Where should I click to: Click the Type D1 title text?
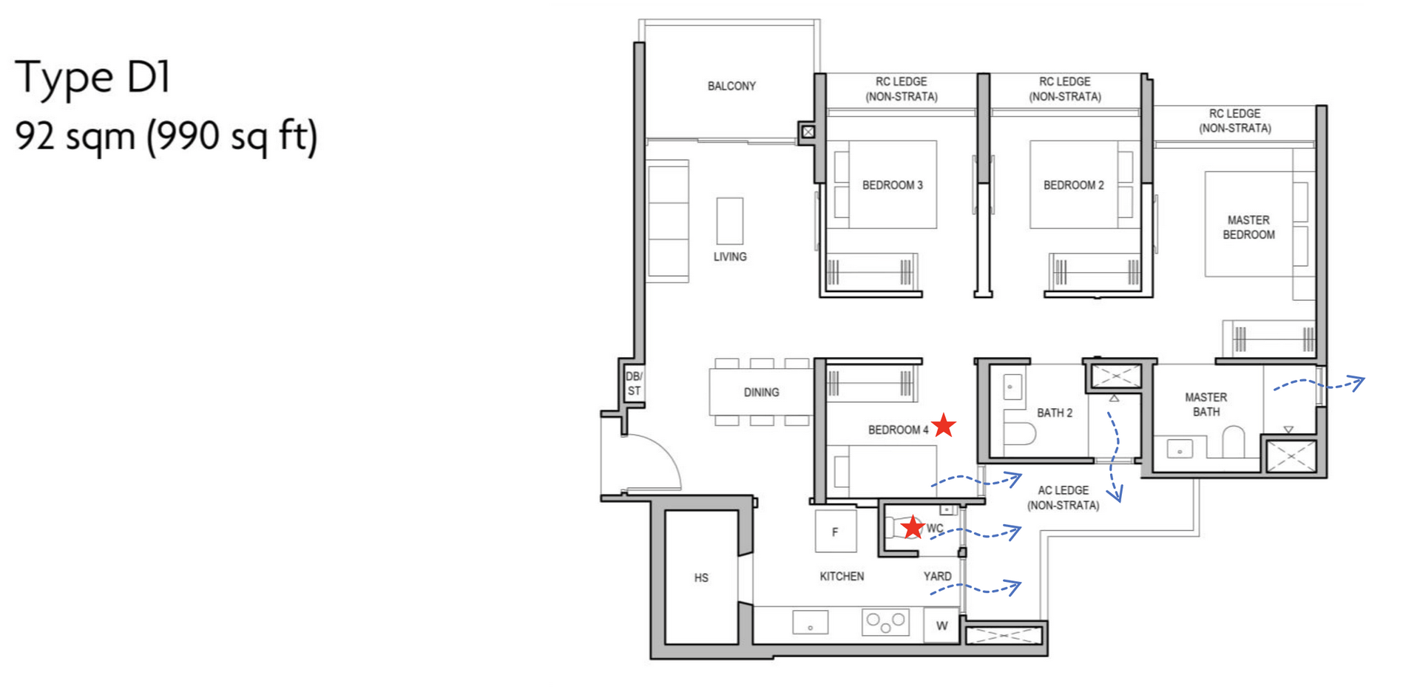pos(93,77)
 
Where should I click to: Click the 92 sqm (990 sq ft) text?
pos(166,136)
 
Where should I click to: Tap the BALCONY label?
pos(731,87)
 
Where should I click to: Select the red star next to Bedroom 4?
pos(944,426)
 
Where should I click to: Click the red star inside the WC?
pos(913,527)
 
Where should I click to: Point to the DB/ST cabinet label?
pos(634,384)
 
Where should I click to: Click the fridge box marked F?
pos(836,532)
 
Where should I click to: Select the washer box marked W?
pos(941,625)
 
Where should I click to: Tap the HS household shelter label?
pos(701,578)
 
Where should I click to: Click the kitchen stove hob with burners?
pos(885,622)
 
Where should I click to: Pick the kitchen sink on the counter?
pos(810,623)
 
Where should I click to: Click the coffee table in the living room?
pos(730,220)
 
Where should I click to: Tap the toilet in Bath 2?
pos(1019,433)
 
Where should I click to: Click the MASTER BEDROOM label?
pos(1248,227)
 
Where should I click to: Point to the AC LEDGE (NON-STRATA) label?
pos(1063,498)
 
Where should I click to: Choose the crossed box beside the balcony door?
pos(808,132)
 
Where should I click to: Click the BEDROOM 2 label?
pos(1073,186)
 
